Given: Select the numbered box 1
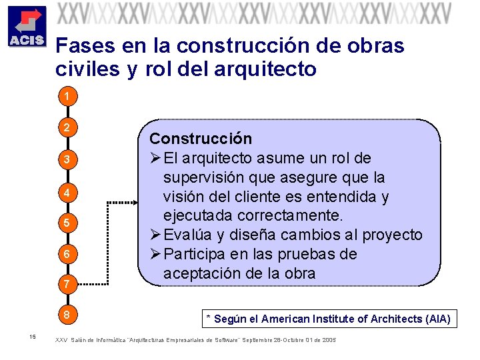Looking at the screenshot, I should tap(67, 97).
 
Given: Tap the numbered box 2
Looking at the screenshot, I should tap(67, 127).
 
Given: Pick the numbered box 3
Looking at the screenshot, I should tap(67, 159).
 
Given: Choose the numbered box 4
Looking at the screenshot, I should tap(67, 193).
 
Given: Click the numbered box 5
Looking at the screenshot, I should tap(67, 222).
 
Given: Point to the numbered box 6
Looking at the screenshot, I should tap(67, 254).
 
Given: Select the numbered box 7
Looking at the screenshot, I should tap(67, 285).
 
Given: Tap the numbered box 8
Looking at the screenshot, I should tap(67, 314).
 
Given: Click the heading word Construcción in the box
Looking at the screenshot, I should tap(201, 139).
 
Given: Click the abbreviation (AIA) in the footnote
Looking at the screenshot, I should tap(437, 319).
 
